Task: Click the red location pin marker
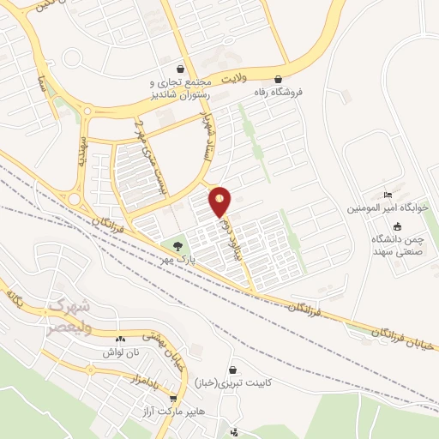220,201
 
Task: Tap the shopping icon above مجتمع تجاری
179,69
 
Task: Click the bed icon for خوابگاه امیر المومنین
388,195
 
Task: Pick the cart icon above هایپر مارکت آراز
174,399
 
